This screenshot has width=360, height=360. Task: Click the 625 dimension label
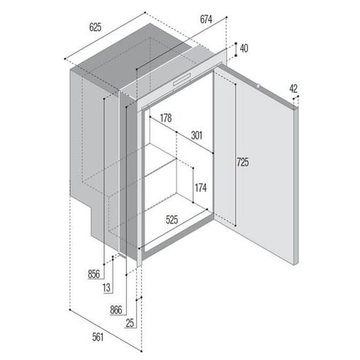click(x=95, y=27)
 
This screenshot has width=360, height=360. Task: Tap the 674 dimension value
click(x=206, y=19)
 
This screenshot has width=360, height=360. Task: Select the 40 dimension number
click(x=244, y=49)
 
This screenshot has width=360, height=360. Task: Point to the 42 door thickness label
click(x=294, y=88)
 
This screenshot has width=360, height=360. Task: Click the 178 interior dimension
click(x=165, y=118)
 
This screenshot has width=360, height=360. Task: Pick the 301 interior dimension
click(x=197, y=135)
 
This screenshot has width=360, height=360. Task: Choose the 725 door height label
click(x=243, y=162)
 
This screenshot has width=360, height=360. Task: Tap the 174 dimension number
click(x=201, y=188)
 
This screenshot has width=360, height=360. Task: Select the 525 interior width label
click(x=172, y=220)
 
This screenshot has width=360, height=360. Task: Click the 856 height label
click(x=94, y=274)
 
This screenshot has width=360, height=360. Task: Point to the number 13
click(x=107, y=287)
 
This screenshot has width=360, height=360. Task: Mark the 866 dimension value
click(x=116, y=310)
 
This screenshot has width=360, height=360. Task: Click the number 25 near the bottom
click(x=129, y=323)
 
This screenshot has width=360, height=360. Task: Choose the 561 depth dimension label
click(x=98, y=337)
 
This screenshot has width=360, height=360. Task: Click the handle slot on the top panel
click(x=182, y=80)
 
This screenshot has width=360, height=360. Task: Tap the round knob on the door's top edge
click(x=258, y=87)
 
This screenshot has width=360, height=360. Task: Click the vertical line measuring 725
click(x=236, y=155)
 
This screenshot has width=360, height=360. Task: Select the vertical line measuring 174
click(x=193, y=185)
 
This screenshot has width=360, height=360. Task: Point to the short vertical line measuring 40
click(x=236, y=49)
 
